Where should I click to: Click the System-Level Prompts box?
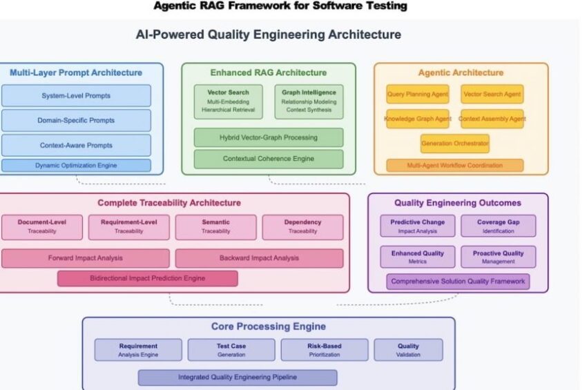(x=76, y=95)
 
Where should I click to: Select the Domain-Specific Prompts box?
(x=76, y=120)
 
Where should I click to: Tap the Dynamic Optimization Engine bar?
(x=76, y=166)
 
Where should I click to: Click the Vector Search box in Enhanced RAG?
(x=228, y=101)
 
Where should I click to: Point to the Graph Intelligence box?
(x=309, y=101)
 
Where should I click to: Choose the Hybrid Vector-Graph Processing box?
(x=269, y=137)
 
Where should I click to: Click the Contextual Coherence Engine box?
(x=269, y=159)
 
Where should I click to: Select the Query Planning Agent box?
(x=418, y=94)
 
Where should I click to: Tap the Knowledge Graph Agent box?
(x=418, y=119)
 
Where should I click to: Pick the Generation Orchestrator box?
(x=455, y=144)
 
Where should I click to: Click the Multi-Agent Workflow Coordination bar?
(x=455, y=166)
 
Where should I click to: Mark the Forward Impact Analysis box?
(x=86, y=258)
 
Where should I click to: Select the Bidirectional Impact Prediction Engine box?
(x=148, y=278)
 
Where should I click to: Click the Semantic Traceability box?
(x=215, y=227)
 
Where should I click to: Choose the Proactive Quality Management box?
(x=499, y=257)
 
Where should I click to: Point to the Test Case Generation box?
(x=231, y=350)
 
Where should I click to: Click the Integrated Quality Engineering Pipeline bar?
(x=238, y=378)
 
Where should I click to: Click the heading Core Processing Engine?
(x=268, y=326)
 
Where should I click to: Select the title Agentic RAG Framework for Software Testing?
(x=280, y=6)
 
